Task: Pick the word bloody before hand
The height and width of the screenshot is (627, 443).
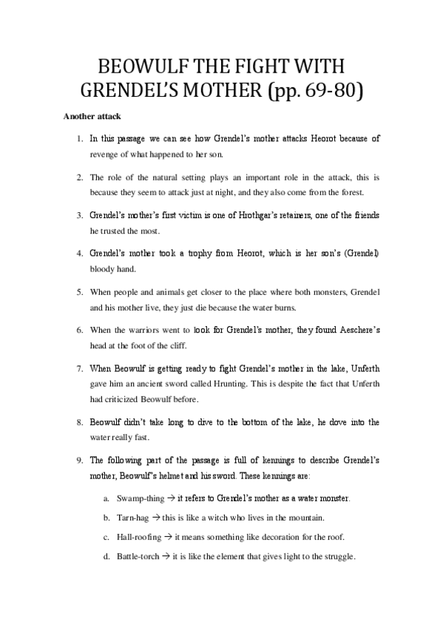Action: click(104, 269)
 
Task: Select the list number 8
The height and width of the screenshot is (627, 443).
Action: click(79, 422)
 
